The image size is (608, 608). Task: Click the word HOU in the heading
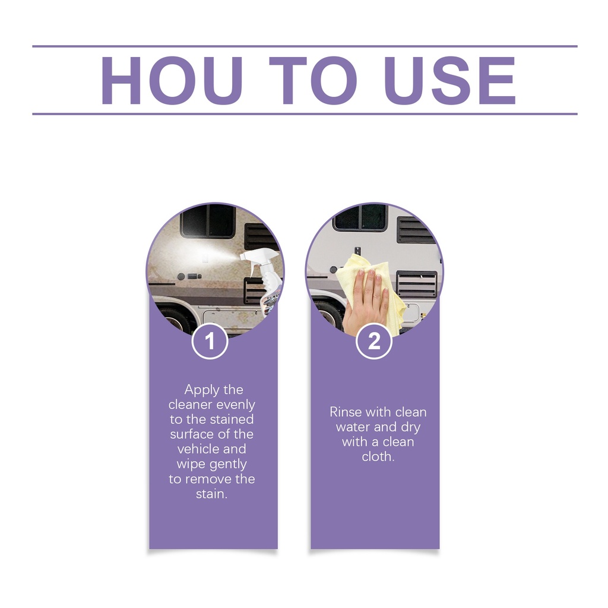(172, 80)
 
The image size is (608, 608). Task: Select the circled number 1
(210, 341)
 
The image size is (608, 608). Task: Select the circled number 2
(374, 341)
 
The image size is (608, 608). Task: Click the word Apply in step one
(199, 390)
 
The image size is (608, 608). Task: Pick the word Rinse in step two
(346, 412)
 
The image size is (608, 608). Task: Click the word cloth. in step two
(378, 457)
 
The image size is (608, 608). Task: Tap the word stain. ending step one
(212, 494)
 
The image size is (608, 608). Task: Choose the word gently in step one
(227, 464)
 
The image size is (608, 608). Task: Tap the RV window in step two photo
(360, 217)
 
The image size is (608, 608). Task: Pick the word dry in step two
(411, 427)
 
